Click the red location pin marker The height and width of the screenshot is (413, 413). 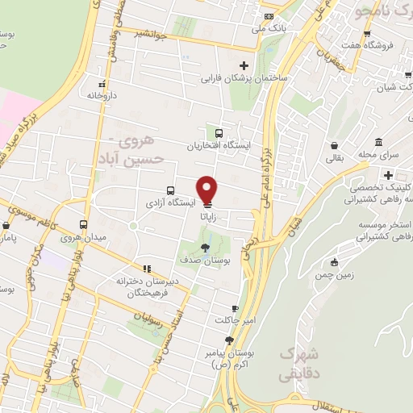[x=207, y=190]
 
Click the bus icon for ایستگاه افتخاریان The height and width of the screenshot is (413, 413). [x=219, y=133]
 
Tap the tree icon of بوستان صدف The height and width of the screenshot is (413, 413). [x=206, y=248]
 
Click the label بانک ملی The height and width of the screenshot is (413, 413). [x=269, y=28]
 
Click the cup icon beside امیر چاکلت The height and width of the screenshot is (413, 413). [x=235, y=308]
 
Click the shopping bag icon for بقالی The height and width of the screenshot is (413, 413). [x=334, y=146]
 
